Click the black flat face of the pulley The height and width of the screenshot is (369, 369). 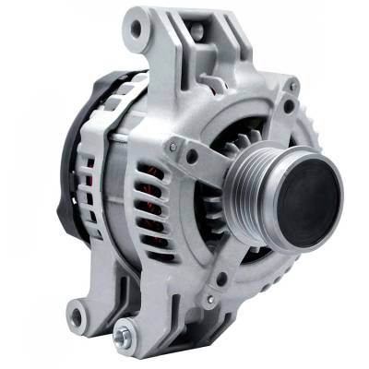tap(310, 193)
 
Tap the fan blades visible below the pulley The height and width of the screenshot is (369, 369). tap(254, 244)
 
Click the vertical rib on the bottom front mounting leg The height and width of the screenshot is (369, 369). tap(148, 304)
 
